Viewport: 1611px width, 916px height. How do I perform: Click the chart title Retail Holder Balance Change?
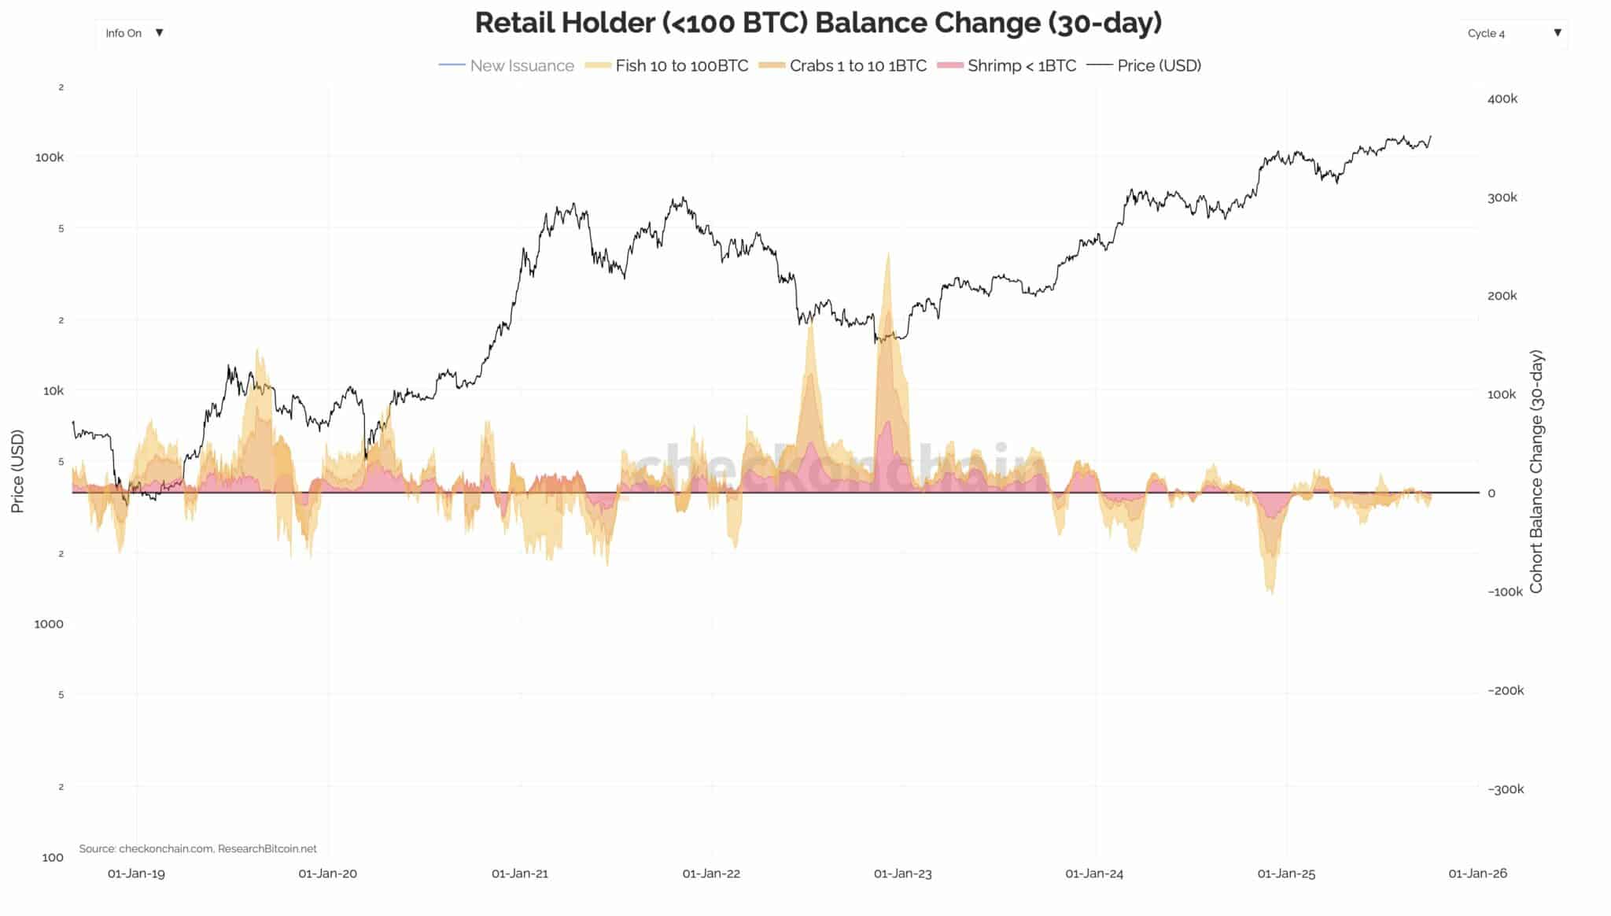coord(818,24)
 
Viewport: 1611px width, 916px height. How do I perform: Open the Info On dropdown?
coord(134,33)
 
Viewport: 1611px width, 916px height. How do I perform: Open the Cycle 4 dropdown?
coord(1513,33)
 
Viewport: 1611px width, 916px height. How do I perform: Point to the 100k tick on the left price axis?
coord(50,157)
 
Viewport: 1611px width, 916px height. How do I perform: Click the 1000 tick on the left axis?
coord(49,624)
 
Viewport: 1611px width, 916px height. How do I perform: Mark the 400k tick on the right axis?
coord(1502,99)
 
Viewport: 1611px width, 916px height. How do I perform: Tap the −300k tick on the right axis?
coord(1506,789)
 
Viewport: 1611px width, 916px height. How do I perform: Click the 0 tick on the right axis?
coord(1491,493)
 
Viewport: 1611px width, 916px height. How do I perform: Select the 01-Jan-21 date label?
coord(520,874)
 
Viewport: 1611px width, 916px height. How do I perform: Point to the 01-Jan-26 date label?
coord(1477,874)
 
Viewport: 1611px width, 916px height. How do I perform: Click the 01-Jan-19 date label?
coord(136,874)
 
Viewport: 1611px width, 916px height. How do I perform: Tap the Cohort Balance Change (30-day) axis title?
coord(1536,472)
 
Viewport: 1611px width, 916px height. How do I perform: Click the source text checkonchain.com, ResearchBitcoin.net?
coord(197,849)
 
